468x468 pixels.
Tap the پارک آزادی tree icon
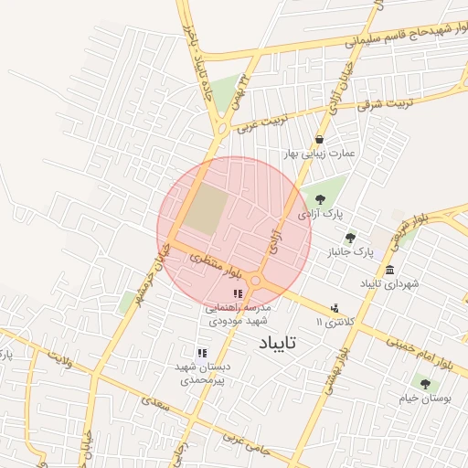[319, 199]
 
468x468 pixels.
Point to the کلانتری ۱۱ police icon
[334, 308]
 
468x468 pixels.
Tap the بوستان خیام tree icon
[424, 383]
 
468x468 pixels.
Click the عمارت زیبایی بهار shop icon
[319, 139]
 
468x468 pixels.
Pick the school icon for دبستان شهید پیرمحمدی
[202, 352]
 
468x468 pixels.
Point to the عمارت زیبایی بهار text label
[343, 153]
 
